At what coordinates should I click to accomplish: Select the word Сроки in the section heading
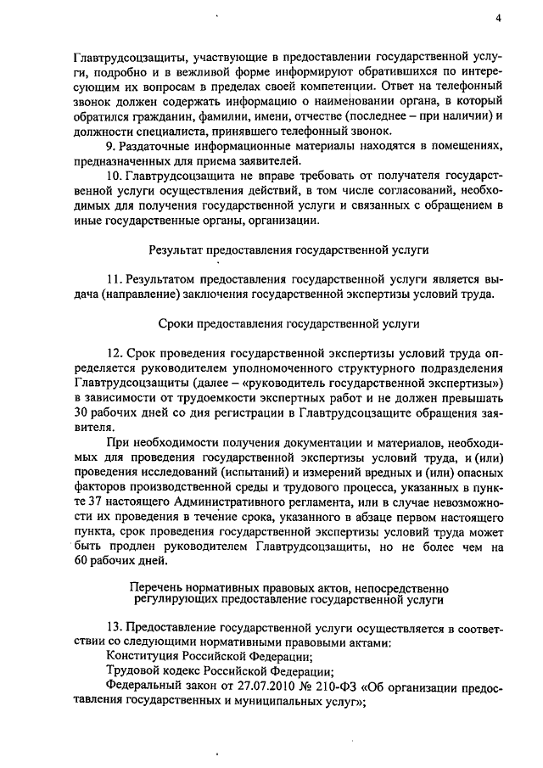176,323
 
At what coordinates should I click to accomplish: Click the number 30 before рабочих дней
82,413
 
